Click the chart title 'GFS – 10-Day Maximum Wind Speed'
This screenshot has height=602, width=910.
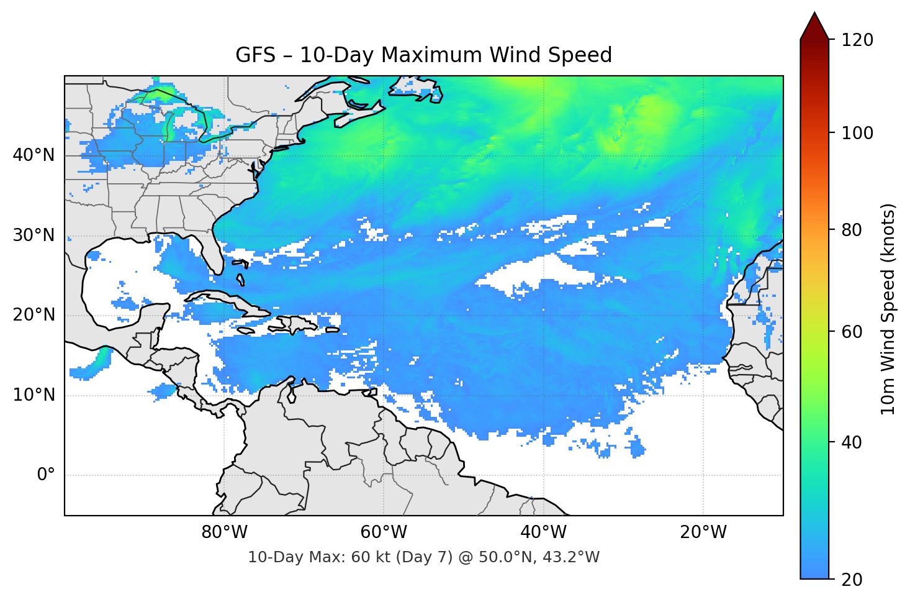(423, 55)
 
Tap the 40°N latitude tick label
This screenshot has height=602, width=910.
(34, 155)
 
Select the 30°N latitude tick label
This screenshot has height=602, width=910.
(34, 235)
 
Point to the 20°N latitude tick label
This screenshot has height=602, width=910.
(34, 315)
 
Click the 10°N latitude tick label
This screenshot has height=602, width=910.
(34, 395)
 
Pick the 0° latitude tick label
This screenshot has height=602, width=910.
(46, 475)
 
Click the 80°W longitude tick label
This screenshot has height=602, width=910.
(224, 532)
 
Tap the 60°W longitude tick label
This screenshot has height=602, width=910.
(384, 532)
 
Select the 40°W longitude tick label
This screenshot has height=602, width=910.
(543, 532)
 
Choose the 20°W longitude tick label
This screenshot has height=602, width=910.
(703, 532)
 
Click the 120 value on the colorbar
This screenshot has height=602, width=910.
(857, 40)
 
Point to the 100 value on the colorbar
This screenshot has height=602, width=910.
(857, 133)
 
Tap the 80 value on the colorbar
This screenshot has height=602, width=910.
(852, 230)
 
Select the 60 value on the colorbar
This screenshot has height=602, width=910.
(852, 332)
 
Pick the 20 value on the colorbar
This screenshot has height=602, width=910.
(852, 580)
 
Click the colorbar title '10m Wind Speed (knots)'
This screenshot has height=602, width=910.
(888, 309)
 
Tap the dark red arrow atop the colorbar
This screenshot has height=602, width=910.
(814, 27)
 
